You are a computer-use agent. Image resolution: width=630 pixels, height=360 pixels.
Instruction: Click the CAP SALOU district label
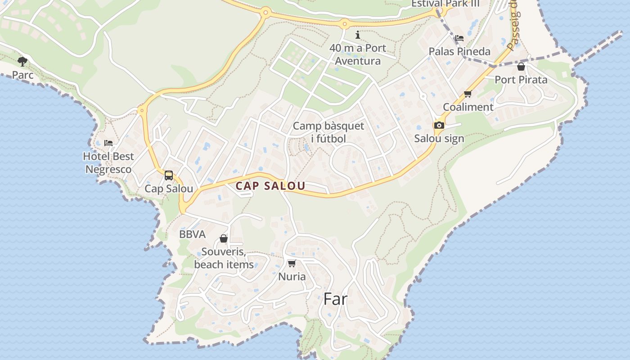coord(270,185)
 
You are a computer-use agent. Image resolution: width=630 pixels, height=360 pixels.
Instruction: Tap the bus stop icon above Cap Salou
coord(169,175)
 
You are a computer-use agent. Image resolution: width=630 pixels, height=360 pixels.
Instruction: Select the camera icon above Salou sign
coord(439,125)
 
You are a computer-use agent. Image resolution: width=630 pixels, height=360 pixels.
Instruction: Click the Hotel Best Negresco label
coord(108,163)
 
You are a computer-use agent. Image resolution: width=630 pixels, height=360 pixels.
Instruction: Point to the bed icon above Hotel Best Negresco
coord(108,143)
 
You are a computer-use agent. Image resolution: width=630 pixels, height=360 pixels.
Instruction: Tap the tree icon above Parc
coord(22,61)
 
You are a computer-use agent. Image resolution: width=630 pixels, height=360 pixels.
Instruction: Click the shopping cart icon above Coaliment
coord(468,94)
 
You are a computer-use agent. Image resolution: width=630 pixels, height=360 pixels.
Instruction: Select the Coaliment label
coord(468,107)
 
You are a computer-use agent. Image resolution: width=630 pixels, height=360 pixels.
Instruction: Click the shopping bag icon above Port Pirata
coord(521,67)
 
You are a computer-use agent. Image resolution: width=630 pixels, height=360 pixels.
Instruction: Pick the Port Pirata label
coord(521,80)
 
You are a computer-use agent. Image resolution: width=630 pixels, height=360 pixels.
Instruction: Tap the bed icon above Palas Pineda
coord(459,38)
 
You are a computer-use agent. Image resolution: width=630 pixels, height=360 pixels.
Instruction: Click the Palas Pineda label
coord(459,51)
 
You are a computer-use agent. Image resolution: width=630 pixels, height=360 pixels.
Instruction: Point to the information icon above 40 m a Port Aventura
coord(358,35)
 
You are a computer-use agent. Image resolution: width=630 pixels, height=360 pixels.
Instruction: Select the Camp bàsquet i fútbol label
coord(328,132)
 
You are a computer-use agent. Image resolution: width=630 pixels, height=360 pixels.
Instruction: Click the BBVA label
coord(192,234)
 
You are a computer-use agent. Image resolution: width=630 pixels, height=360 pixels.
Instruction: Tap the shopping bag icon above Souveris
coord(224,238)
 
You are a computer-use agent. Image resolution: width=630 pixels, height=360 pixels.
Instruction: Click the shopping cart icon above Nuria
coord(292,263)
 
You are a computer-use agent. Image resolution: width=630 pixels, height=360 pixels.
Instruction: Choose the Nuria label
coord(292,276)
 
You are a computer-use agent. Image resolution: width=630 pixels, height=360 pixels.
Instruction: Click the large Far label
coord(336,299)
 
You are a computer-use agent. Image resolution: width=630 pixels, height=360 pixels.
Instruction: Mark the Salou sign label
coord(439,138)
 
